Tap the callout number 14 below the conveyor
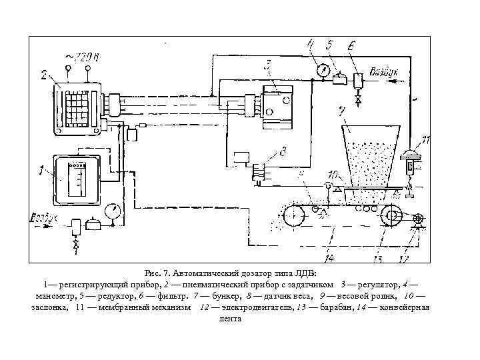click(328, 255)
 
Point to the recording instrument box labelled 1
click(76, 179)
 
